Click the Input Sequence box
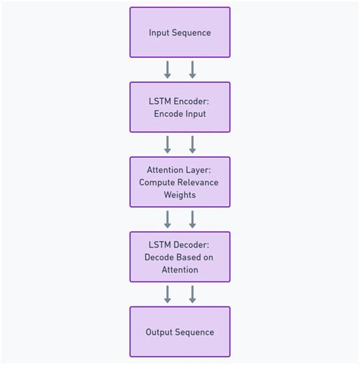(179, 33)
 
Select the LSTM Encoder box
(179, 107)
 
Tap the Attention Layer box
(179, 182)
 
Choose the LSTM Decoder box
(179, 256)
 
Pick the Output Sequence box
(179, 332)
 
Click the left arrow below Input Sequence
(168, 70)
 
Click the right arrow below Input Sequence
(192, 70)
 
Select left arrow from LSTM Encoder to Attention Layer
(168, 144)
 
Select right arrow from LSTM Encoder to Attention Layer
(192, 144)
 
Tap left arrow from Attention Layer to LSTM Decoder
(168, 219)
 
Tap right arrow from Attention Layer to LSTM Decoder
(192, 219)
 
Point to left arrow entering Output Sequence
(168, 294)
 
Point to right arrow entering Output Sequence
(192, 294)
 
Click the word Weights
(179, 195)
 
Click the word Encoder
(190, 101)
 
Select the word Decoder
(190, 244)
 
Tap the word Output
(159, 332)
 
